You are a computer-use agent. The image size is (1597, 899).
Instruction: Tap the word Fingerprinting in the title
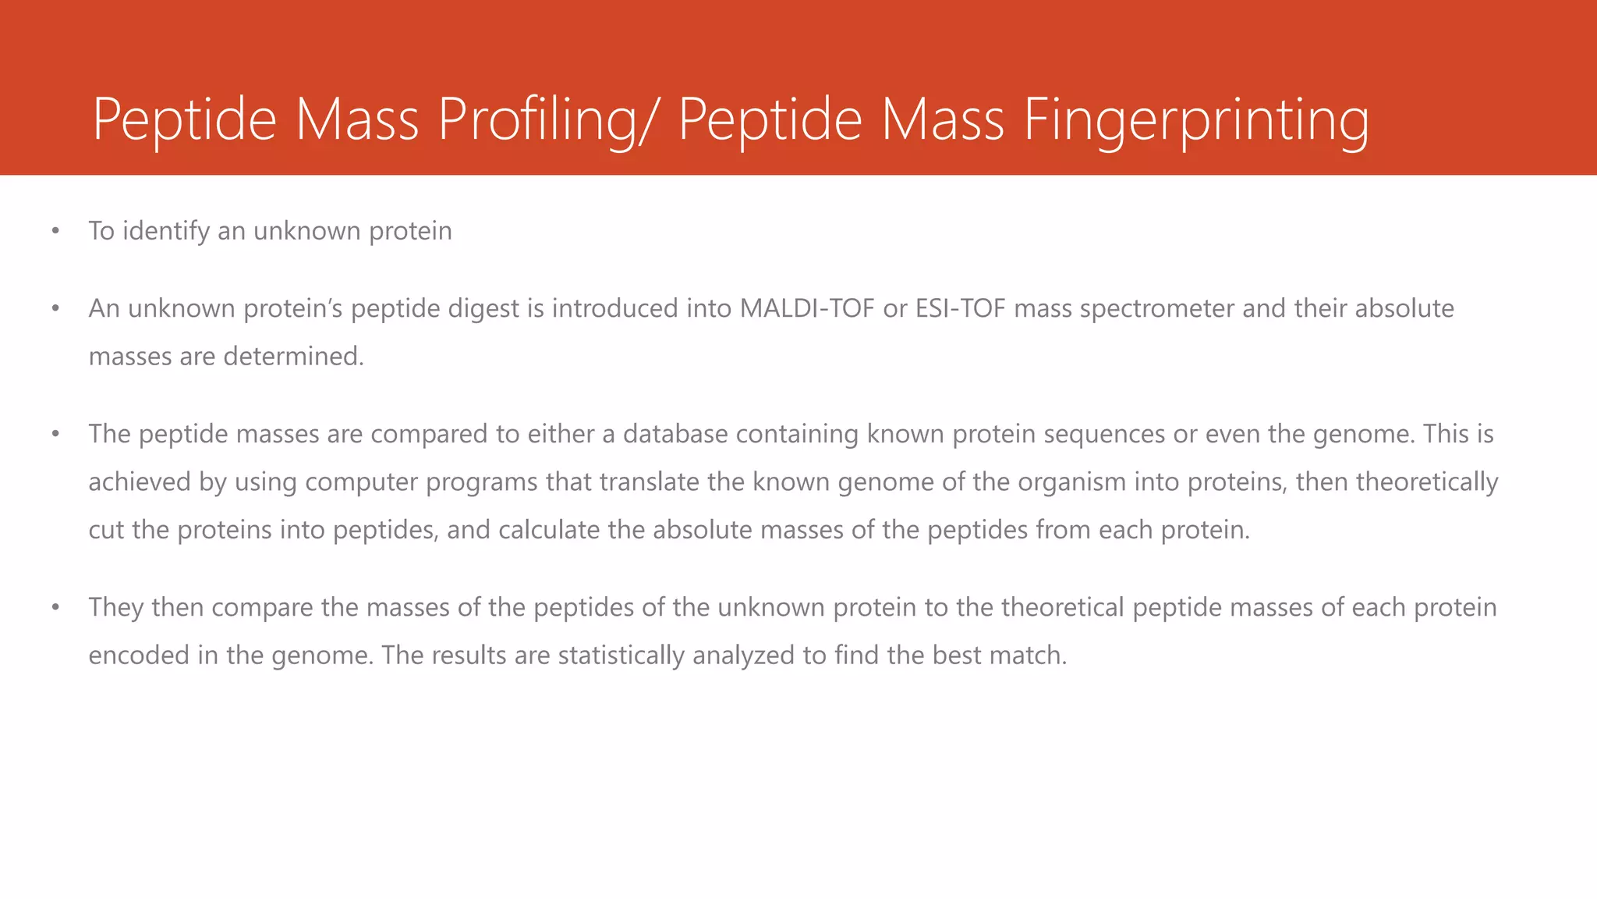pyautogui.click(x=1195, y=119)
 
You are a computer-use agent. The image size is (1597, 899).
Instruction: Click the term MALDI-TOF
pyautogui.click(x=807, y=309)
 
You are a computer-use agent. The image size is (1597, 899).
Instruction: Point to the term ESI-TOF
pyautogui.click(x=960, y=309)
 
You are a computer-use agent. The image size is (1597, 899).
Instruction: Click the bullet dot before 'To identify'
pyautogui.click(x=55, y=231)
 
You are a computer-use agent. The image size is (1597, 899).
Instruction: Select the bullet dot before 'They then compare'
pyautogui.click(x=55, y=607)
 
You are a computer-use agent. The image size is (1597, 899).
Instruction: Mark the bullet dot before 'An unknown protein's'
pyautogui.click(x=55, y=309)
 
